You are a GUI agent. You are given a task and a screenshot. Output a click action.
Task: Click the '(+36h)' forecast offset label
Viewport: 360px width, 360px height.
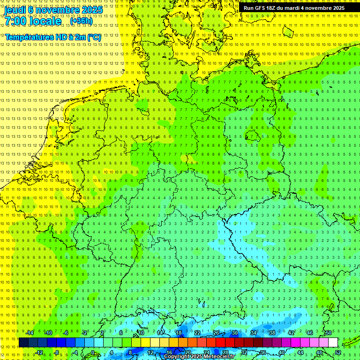click(81, 21)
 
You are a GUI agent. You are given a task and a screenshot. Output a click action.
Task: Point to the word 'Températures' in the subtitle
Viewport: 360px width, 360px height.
click(28, 37)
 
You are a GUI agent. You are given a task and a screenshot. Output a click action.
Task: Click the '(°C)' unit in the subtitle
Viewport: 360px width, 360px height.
click(94, 37)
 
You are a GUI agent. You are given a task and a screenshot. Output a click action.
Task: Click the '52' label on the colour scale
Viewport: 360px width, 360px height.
click(338, 352)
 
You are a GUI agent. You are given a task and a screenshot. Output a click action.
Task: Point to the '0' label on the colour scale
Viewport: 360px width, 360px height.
click(93, 352)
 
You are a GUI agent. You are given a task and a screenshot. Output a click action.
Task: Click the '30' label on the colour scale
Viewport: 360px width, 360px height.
click(234, 333)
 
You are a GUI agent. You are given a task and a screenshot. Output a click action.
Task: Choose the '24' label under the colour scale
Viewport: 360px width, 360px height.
click(206, 352)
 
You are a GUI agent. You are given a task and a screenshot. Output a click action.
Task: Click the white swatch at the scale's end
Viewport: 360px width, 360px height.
click(333, 343)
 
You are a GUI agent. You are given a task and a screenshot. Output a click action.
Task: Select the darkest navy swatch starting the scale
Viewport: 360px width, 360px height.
click(23, 343)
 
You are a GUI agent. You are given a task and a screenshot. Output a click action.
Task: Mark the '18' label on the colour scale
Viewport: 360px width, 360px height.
click(178, 333)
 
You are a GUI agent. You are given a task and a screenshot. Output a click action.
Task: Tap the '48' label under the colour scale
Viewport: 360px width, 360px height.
click(319, 352)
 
